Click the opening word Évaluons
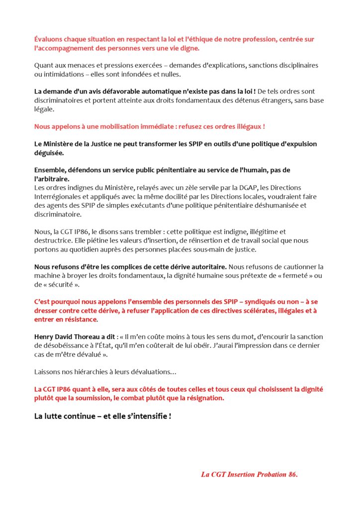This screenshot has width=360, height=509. (x=48, y=39)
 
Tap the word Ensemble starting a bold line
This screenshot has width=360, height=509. (x=49, y=170)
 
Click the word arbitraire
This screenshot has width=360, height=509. (x=52, y=179)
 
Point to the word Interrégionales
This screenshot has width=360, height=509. (x=58, y=196)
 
